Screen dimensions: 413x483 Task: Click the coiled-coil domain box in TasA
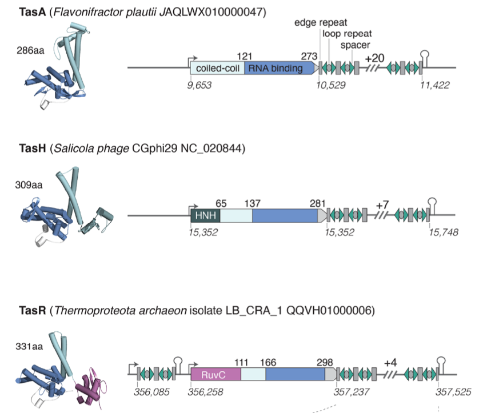pyautogui.click(x=217, y=68)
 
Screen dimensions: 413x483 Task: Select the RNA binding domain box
pyautogui.click(x=278, y=68)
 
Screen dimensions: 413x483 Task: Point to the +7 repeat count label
pyautogui.click(x=383, y=205)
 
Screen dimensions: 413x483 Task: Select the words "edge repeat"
pyautogui.click(x=317, y=23)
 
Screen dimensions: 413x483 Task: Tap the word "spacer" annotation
pyautogui.click(x=355, y=45)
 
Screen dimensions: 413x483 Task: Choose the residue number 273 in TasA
pyautogui.click(x=310, y=55)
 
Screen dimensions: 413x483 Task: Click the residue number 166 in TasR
pyautogui.click(x=268, y=362)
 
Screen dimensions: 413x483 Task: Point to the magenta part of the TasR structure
pyautogui.click(x=90, y=388)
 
